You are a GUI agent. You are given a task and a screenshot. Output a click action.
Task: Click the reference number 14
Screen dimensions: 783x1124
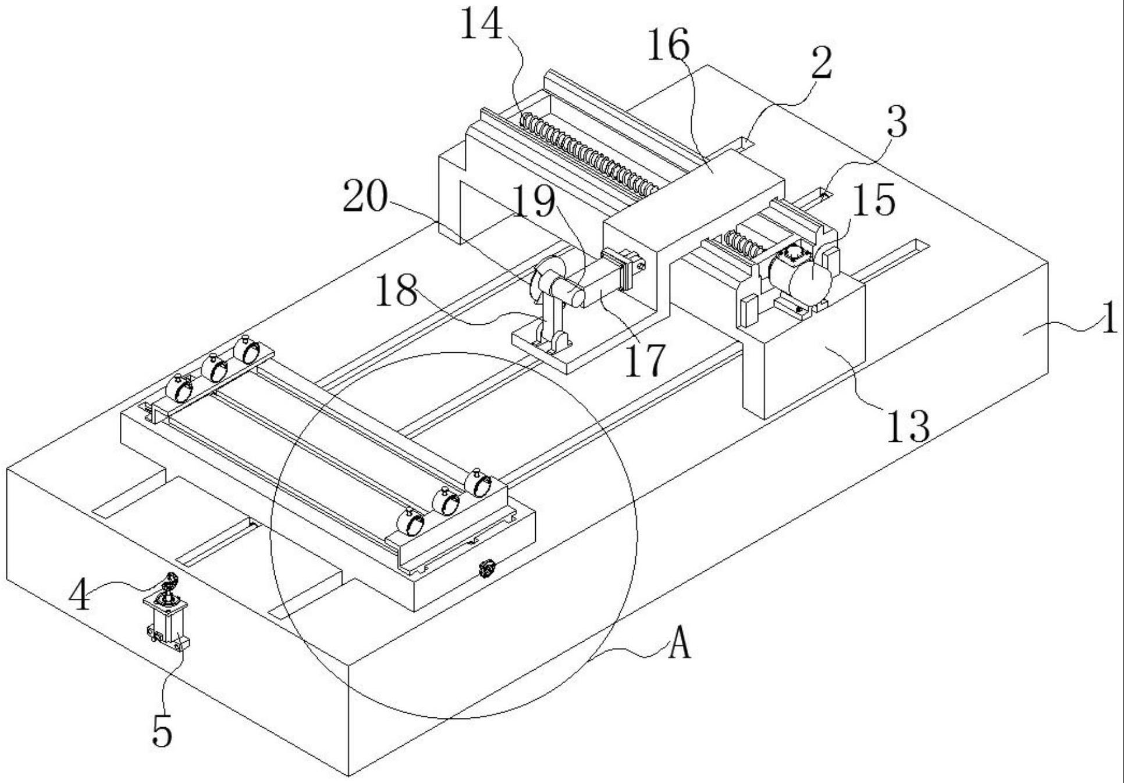point(481,26)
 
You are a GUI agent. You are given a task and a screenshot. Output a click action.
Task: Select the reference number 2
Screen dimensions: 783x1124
point(821,64)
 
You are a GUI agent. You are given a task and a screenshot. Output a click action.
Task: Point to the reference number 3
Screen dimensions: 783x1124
point(897,122)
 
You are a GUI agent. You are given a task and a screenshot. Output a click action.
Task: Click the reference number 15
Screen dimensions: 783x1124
point(874,201)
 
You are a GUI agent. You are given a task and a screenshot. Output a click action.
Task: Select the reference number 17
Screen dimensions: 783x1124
point(643,360)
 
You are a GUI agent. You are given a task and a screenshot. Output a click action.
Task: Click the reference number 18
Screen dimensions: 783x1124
point(396,291)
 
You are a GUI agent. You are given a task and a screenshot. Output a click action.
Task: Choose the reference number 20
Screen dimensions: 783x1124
point(365,196)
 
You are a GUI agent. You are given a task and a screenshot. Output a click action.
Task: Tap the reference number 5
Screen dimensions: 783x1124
point(162,731)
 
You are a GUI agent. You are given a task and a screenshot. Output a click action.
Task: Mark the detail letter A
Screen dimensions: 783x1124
point(678,645)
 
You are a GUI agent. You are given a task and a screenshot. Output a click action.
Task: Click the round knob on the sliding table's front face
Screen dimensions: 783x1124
point(486,568)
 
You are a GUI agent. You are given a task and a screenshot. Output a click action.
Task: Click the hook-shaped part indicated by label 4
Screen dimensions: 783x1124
point(170,581)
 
